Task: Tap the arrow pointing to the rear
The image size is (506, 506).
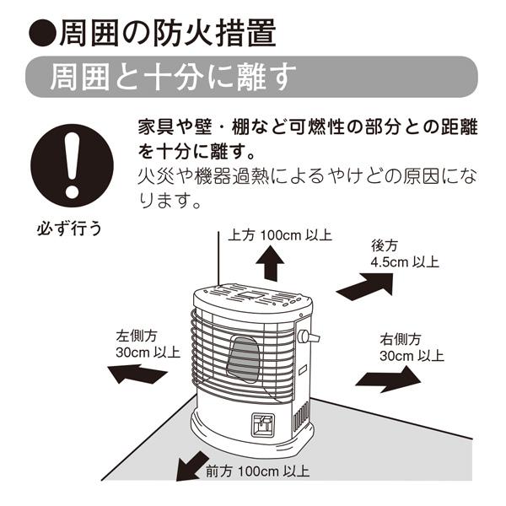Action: pyautogui.click(x=363, y=285)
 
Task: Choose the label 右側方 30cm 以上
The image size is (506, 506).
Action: pyautogui.click(x=412, y=347)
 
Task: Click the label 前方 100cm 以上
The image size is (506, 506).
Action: pyautogui.click(x=257, y=471)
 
